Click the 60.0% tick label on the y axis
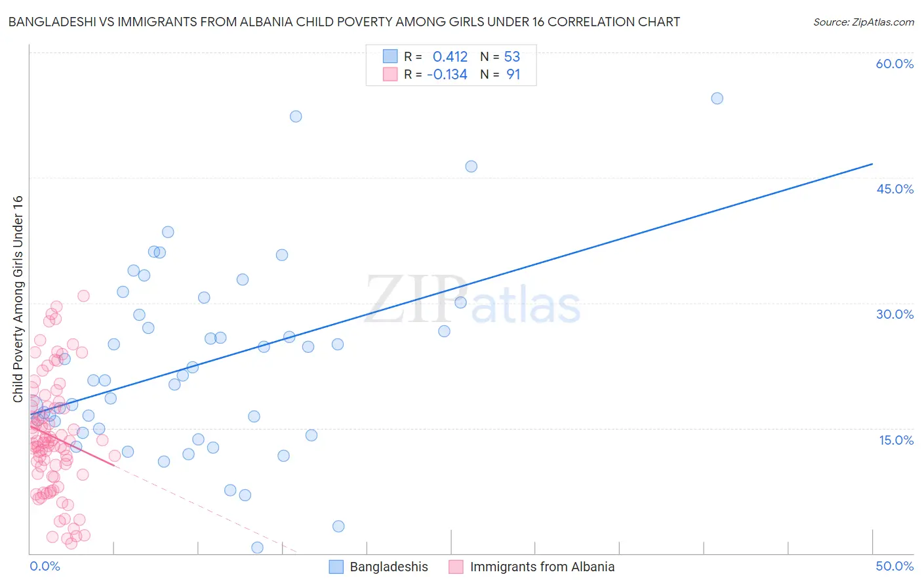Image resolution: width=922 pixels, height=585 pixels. click(x=894, y=64)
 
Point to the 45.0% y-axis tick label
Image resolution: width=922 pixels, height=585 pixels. click(x=894, y=189)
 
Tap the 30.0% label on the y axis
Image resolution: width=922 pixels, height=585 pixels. click(x=894, y=314)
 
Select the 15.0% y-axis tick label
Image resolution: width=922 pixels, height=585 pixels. click(x=896, y=440)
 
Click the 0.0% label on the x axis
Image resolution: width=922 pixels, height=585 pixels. click(x=45, y=566)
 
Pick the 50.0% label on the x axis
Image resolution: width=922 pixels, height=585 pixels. click(x=894, y=566)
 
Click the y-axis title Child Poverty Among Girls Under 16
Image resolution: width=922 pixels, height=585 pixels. click(x=18, y=299)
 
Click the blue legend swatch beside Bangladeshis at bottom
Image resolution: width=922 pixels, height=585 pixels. click(x=336, y=567)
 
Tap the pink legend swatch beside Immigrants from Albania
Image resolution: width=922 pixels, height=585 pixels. click(x=456, y=567)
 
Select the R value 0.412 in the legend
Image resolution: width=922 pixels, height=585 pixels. click(x=450, y=56)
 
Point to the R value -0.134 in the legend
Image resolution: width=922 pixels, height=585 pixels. click(x=447, y=75)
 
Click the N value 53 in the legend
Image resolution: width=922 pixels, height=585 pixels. click(x=512, y=56)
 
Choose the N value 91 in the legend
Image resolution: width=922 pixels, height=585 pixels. click(x=513, y=75)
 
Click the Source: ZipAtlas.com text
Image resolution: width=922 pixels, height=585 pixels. click(x=863, y=22)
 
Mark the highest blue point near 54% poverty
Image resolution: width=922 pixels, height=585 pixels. click(x=717, y=98)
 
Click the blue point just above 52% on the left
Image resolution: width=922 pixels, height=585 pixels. click(x=296, y=116)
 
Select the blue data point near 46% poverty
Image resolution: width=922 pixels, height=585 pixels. click(x=471, y=167)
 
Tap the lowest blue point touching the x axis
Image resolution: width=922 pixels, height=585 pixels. click(x=257, y=548)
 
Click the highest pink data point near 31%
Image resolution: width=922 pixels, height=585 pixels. click(x=83, y=296)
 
